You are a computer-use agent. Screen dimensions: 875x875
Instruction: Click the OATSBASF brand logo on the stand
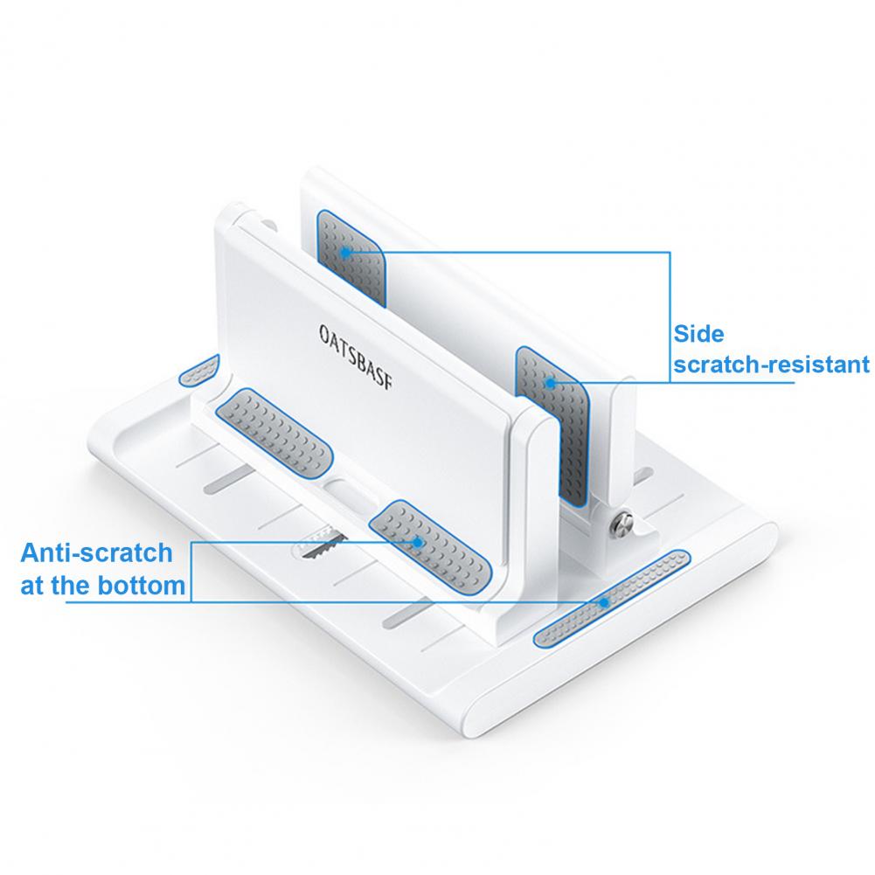[x=356, y=356]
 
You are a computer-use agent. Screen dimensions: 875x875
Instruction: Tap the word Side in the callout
[x=698, y=334]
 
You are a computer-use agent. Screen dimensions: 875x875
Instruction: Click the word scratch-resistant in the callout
[x=771, y=365]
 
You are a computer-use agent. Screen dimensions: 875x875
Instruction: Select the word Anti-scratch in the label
[x=96, y=553]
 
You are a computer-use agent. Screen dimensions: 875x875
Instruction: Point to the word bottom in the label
[x=142, y=586]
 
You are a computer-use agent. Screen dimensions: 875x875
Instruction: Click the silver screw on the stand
[x=622, y=523]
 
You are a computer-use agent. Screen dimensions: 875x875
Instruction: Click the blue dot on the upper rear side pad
[x=346, y=253]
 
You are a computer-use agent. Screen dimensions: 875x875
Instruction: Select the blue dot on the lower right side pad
[x=550, y=384]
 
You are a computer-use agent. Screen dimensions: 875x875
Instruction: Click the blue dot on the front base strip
[x=604, y=602]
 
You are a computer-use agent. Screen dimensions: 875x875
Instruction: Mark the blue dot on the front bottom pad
[x=418, y=542]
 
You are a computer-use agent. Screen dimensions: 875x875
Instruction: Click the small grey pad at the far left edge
[x=199, y=370]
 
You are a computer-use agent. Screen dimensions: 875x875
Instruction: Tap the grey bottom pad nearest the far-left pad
[x=274, y=433]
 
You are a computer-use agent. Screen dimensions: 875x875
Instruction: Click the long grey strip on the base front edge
[x=612, y=599]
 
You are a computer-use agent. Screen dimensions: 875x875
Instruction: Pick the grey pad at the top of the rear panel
[x=351, y=258]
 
